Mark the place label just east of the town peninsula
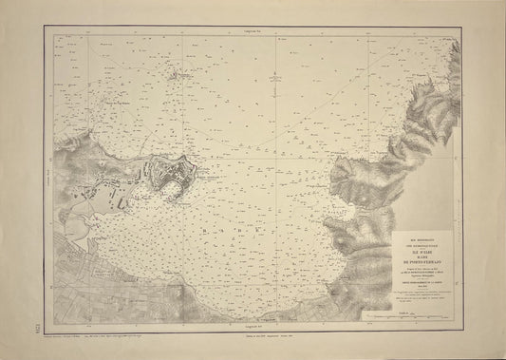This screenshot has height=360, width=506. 204,176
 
